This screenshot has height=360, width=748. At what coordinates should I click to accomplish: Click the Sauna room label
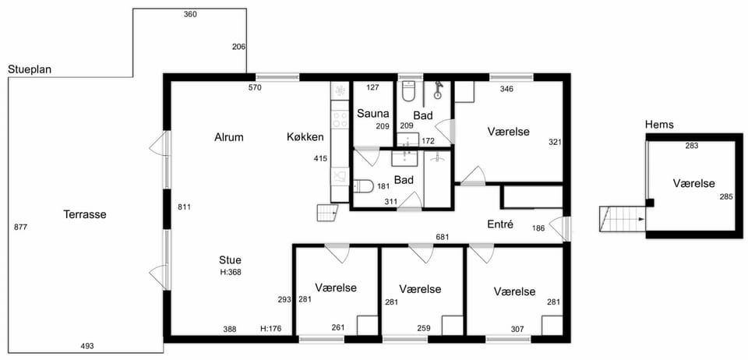373,114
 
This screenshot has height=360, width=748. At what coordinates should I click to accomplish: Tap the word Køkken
305,137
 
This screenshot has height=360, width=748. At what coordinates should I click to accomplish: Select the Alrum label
229,137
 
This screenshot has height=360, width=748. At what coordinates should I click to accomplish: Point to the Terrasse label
85,214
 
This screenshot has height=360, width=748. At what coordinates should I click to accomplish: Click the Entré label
500,224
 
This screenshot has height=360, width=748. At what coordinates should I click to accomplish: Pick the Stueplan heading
30,69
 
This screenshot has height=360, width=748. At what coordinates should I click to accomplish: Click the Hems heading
659,125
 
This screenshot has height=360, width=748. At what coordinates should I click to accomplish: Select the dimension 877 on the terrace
21,227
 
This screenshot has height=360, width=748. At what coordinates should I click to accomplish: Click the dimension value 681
443,237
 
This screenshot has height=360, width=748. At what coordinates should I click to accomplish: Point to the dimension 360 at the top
190,14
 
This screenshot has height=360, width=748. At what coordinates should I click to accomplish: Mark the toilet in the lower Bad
363,186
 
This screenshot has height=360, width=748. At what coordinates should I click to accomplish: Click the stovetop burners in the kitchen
340,119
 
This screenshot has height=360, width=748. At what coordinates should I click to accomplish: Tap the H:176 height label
270,329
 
